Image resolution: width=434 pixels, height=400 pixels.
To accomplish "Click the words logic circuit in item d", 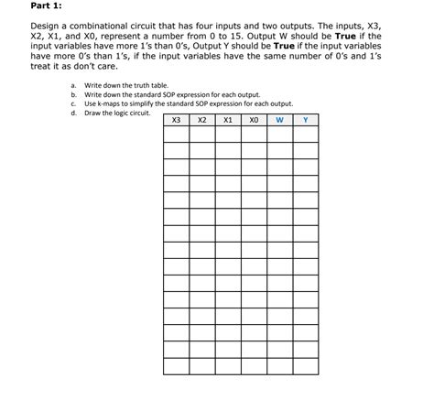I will (131, 113).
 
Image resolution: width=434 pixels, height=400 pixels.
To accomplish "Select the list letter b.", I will (73, 94).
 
